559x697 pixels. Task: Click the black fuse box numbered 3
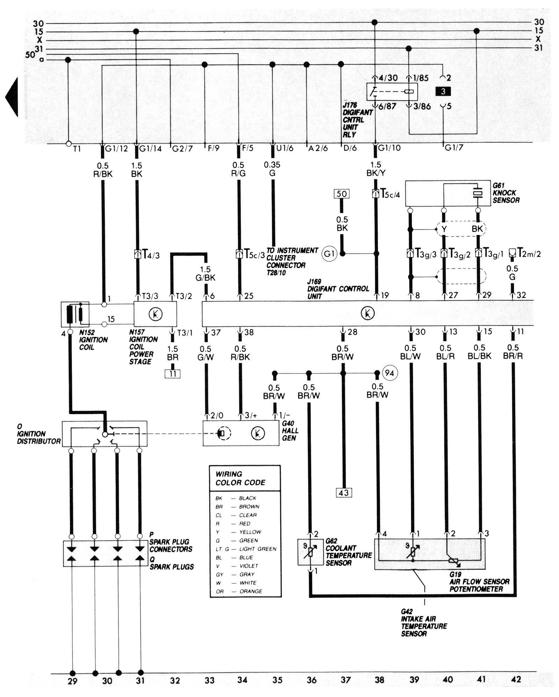click(443, 92)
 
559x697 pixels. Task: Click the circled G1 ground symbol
click(329, 254)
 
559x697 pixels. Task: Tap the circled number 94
click(390, 373)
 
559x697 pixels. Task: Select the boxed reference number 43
click(343, 492)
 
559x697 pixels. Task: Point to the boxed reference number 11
click(173, 373)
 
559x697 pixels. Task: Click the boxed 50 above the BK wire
click(342, 194)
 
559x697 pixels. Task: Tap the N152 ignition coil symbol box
click(75, 314)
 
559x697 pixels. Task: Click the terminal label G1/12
click(117, 148)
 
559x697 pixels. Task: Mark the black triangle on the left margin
click(12, 96)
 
